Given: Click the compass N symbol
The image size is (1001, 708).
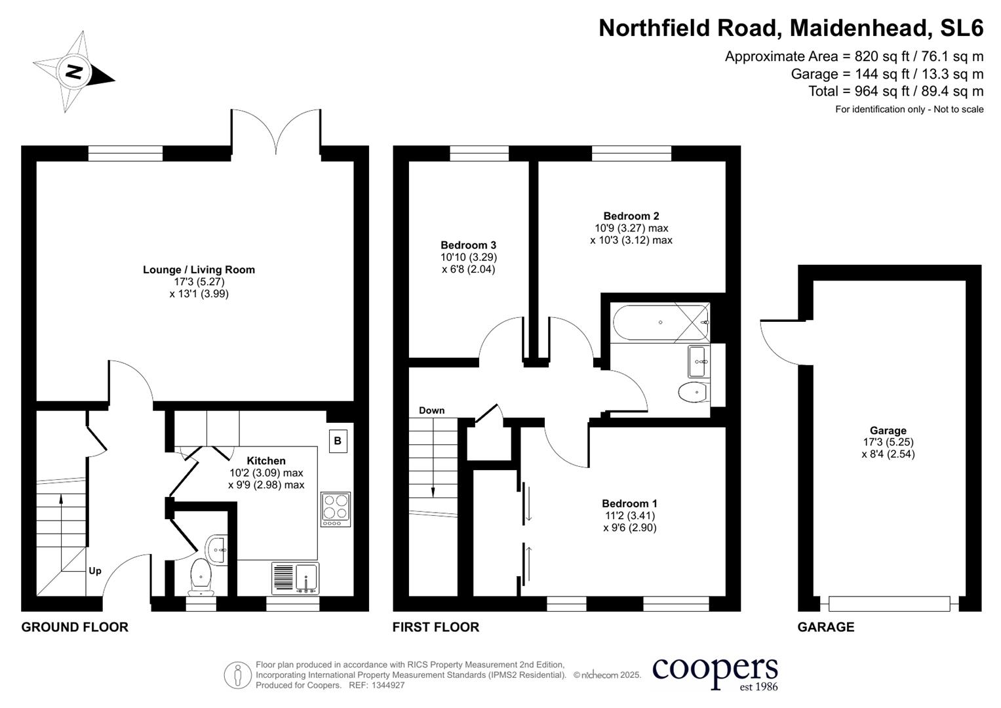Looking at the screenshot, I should pyautogui.click(x=74, y=71).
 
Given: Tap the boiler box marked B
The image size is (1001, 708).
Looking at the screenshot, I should pyautogui.click(x=337, y=441).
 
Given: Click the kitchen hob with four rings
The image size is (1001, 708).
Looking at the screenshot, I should pyautogui.click(x=336, y=509).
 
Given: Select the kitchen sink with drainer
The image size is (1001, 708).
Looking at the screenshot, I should pyautogui.click(x=295, y=578).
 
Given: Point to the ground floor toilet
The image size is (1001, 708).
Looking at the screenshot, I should pyautogui.click(x=201, y=578).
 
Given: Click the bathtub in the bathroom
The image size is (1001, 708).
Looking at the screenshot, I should pyautogui.click(x=661, y=322).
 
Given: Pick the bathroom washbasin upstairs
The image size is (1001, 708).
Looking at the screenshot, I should pyautogui.click(x=697, y=361).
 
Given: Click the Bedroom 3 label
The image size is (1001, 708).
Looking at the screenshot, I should pyautogui.click(x=468, y=245).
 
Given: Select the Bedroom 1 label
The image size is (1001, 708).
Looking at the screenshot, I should pyautogui.click(x=629, y=503).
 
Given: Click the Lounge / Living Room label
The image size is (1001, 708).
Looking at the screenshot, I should pyautogui.click(x=199, y=269).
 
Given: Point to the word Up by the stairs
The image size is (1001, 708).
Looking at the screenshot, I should pyautogui.click(x=95, y=571).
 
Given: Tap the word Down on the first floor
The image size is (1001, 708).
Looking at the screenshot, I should pyautogui.click(x=431, y=410).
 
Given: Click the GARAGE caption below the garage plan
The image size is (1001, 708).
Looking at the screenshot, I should pyautogui.click(x=825, y=627).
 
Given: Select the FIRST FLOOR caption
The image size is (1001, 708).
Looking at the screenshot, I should pyautogui.click(x=435, y=627).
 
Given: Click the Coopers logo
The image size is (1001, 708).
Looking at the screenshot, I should pyautogui.click(x=715, y=672).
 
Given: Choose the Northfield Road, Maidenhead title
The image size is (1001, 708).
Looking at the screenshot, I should pyautogui.click(x=791, y=28).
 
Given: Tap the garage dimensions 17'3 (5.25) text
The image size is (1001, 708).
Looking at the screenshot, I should pyautogui.click(x=888, y=442).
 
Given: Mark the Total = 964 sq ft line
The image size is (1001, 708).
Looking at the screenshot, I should pyautogui.click(x=895, y=91).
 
